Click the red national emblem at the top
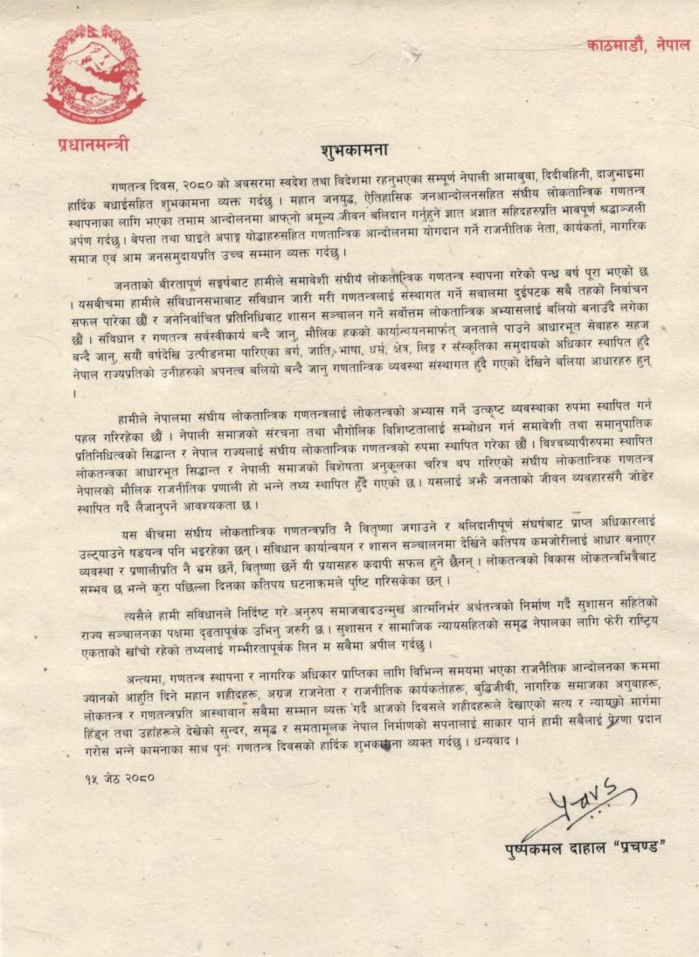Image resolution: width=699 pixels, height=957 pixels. coord(94,73)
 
